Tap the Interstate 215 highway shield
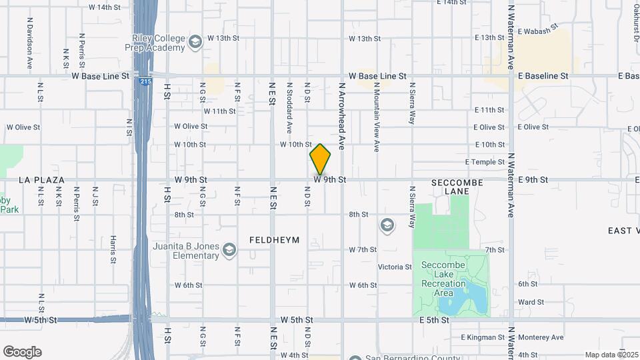coord(145,81)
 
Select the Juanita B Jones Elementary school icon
coord(229,250)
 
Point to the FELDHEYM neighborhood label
coord(274,239)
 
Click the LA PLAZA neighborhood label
coord(41,180)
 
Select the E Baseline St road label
coord(543,76)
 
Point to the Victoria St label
coord(395,267)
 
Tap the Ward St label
coord(531,302)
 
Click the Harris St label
coord(113,247)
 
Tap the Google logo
coord(22,352)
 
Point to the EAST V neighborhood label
coord(623,231)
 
